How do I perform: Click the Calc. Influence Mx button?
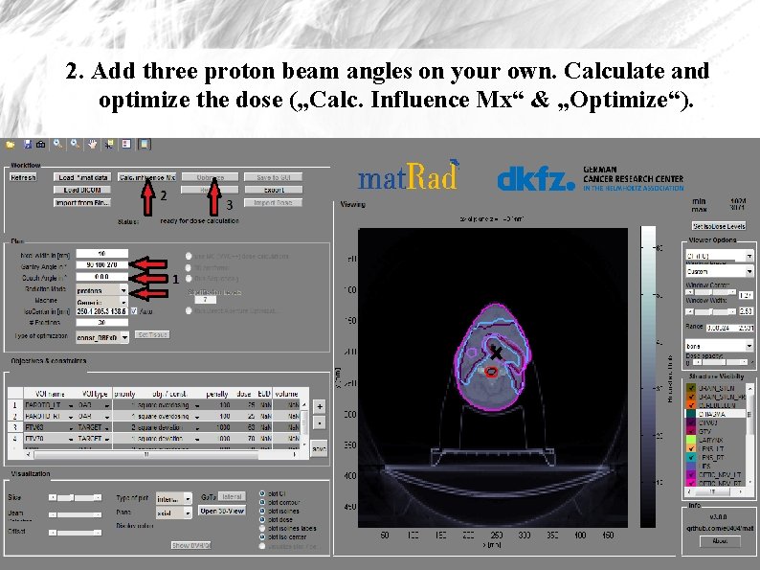click(x=146, y=177)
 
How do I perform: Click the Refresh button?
click(x=24, y=177)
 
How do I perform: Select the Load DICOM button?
click(x=80, y=190)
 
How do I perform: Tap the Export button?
click(x=274, y=190)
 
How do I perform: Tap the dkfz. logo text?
click(x=535, y=179)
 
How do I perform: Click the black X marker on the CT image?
click(x=496, y=354)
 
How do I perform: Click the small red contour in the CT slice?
click(x=489, y=373)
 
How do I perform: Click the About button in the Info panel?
click(x=719, y=540)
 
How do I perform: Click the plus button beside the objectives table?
click(x=319, y=406)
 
